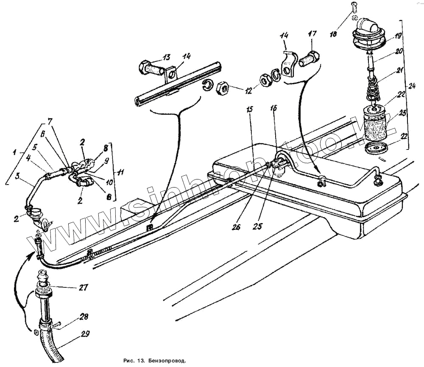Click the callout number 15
tap(249, 109)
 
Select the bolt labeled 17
tap(308, 58)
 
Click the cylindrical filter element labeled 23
tap(375, 124)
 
